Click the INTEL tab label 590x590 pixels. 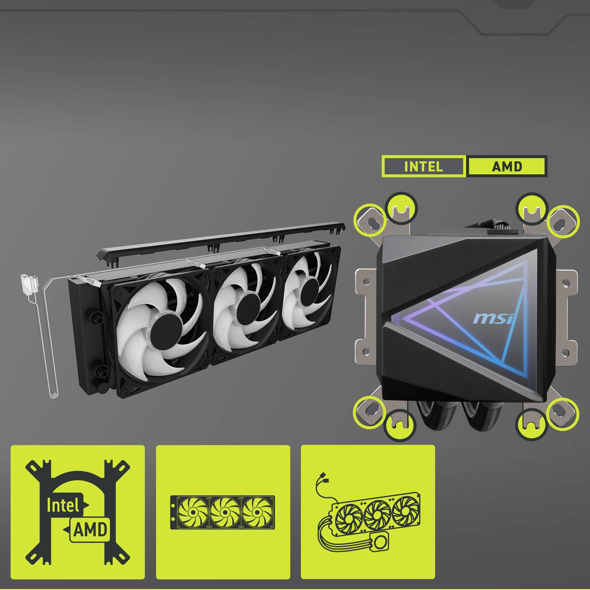(423, 166)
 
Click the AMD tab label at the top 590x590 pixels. (507, 166)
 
